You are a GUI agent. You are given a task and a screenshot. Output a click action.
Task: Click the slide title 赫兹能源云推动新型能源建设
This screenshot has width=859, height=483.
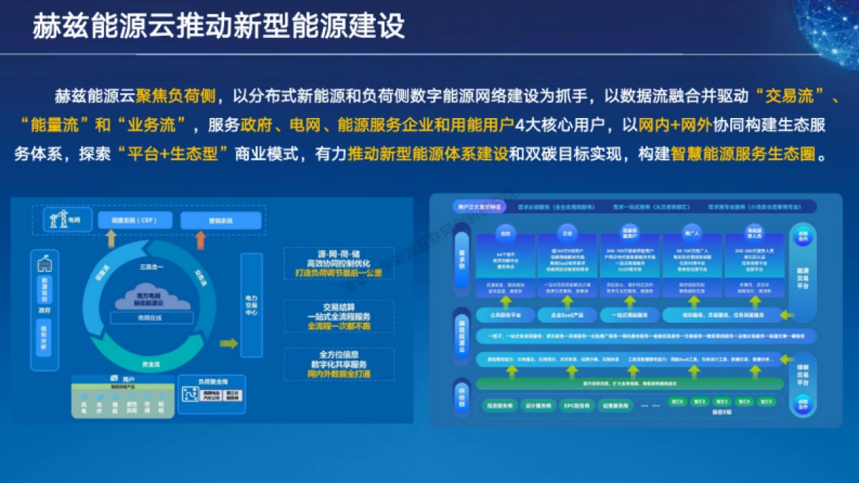coord(218,26)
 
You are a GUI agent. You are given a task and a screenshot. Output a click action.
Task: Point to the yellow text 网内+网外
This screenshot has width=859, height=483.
coord(676,125)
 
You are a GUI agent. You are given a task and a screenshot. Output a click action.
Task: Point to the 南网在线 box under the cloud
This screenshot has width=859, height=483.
coord(151,318)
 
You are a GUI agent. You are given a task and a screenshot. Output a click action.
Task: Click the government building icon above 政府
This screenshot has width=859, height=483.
coord(45,263)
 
